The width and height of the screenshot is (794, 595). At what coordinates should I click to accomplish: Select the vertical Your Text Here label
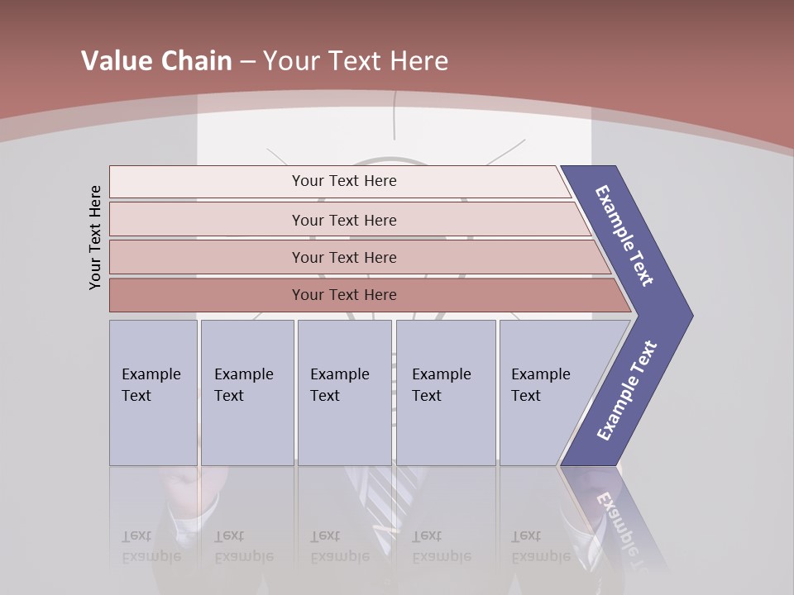pyautogui.click(x=95, y=238)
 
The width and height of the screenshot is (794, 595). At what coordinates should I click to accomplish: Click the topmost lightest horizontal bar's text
pyautogui.click(x=344, y=181)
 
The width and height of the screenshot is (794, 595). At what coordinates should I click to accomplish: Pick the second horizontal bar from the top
pyautogui.click(x=344, y=220)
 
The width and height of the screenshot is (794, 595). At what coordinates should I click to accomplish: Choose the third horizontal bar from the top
pyautogui.click(x=344, y=257)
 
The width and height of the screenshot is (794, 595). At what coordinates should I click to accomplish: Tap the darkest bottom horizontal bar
pyautogui.click(x=344, y=295)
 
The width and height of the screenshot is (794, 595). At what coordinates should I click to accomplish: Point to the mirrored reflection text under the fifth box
pyautogui.click(x=541, y=545)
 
